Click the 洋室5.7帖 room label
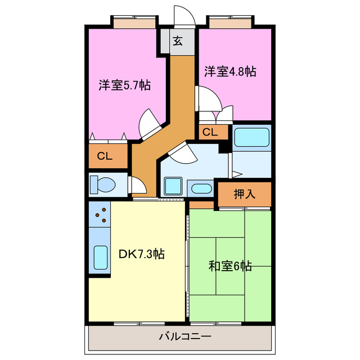pos(124,85)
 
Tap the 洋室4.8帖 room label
pos(229,71)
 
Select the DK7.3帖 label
pos(141,254)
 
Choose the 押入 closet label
pos(244,194)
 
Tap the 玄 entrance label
pos(178,40)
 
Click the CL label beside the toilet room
pos(105,156)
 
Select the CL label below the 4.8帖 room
pos(210,132)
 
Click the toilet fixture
pos(104,184)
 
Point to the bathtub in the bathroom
pos(251,138)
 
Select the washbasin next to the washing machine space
pos(200,188)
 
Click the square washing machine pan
pos(172,186)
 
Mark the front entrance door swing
pos(184,16)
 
